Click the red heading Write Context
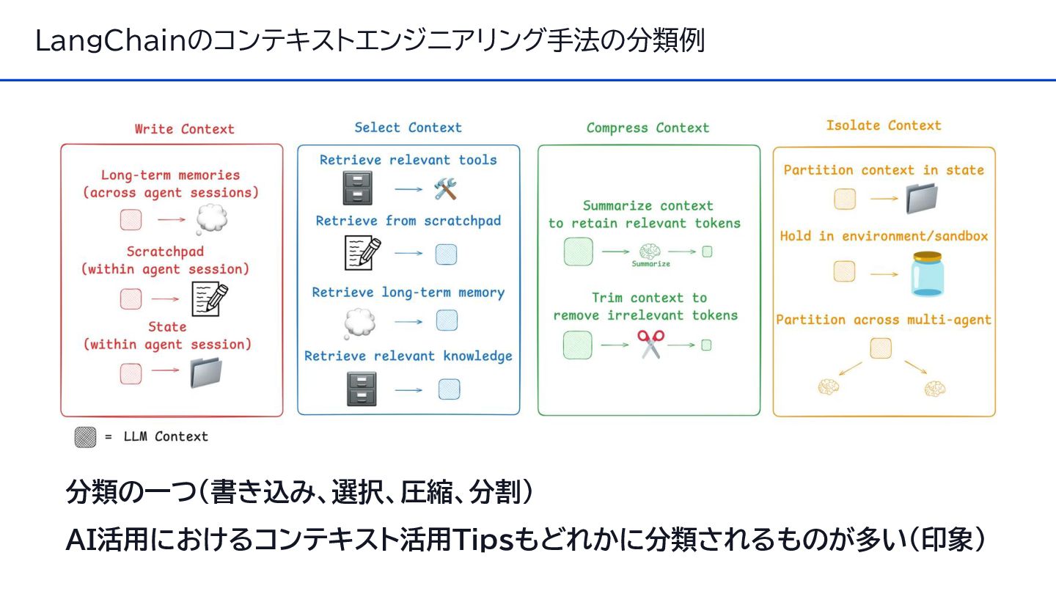pyautogui.click(x=184, y=129)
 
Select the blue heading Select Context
pyautogui.click(x=408, y=128)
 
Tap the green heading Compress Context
pyautogui.click(x=648, y=128)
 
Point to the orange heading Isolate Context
pyautogui.click(x=883, y=125)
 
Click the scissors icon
pyautogui.click(x=650, y=344)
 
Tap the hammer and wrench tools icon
pyautogui.click(x=445, y=189)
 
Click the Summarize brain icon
pyautogui.click(x=650, y=252)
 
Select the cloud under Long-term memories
pyautogui.click(x=211, y=219)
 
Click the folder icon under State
pyautogui.click(x=206, y=372)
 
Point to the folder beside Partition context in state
pyautogui.click(x=921, y=198)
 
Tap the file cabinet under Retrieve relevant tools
pyautogui.click(x=357, y=188)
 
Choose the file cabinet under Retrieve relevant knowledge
pyautogui.click(x=362, y=389)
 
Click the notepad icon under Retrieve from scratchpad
pyautogui.click(x=362, y=254)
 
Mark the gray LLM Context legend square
pyautogui.click(x=85, y=437)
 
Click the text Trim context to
pyautogui.click(x=649, y=298)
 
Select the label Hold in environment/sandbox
pyautogui.click(x=884, y=236)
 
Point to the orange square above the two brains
pyautogui.click(x=881, y=348)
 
